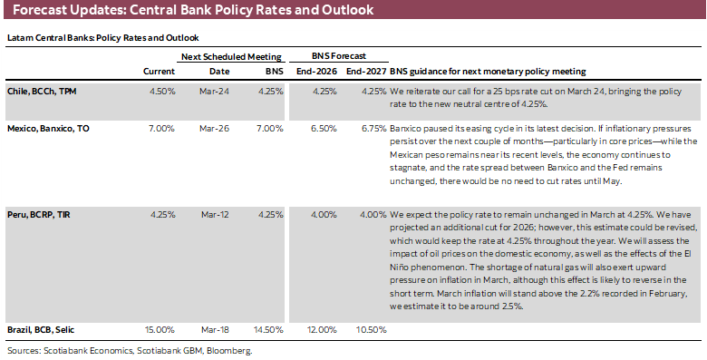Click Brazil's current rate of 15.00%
tap(160, 329)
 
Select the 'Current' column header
tap(159, 71)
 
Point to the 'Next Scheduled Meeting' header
tap(231, 56)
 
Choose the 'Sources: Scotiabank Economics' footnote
tap(129, 349)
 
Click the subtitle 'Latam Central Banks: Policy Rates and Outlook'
tap(102, 38)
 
